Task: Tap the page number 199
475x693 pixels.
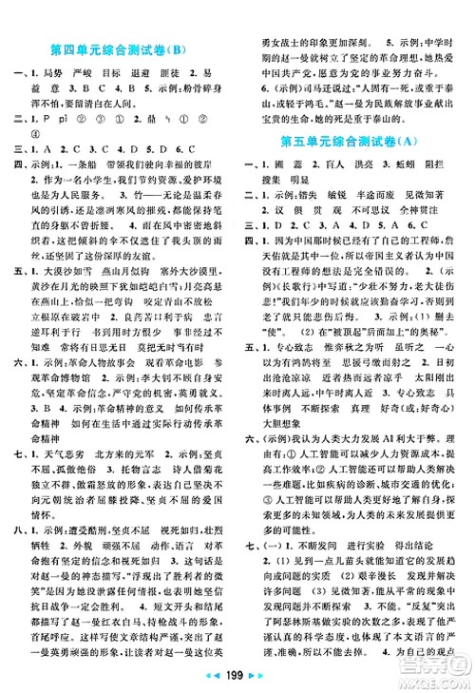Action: point(237,678)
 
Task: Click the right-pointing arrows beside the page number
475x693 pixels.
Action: point(261,678)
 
